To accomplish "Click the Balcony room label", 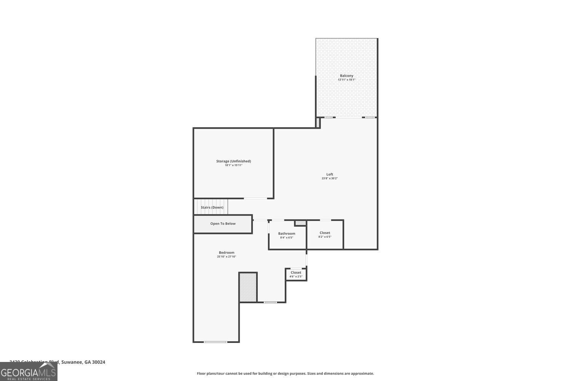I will (346, 76).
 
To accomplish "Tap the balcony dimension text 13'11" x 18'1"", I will (346, 80).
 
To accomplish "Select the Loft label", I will (330, 174).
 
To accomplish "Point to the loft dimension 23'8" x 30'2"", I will (330, 178).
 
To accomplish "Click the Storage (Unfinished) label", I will (233, 161).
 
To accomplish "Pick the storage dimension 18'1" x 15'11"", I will (233, 165).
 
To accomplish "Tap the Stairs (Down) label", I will (212, 207).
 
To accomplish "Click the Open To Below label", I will (223, 224).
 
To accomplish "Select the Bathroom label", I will (287, 234).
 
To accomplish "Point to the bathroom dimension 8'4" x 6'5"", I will (287, 237).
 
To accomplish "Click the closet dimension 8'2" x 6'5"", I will (325, 237).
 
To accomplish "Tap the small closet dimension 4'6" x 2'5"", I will (296, 276).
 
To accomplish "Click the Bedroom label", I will (226, 253).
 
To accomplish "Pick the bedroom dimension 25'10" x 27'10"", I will (226, 257).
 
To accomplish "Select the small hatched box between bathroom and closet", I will (300, 223).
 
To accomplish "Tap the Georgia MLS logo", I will (29, 372).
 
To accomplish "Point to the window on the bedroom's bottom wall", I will (215, 342).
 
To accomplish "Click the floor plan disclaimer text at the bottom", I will (285, 373).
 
